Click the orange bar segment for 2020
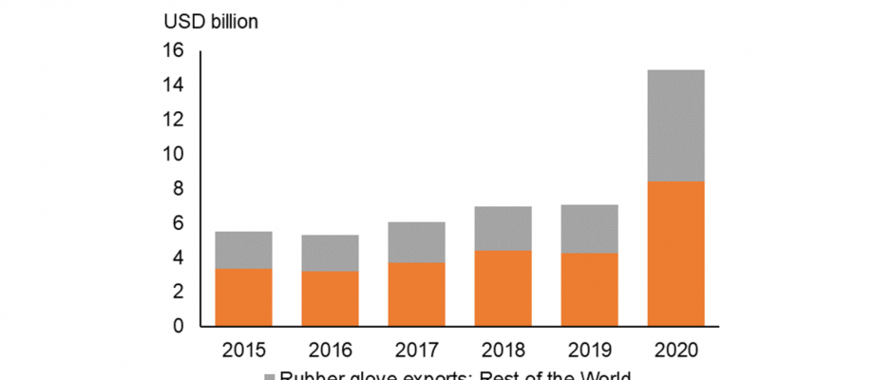point(675,254)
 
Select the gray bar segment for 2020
point(675,125)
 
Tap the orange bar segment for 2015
point(243,297)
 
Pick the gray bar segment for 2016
point(330,253)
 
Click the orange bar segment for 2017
point(416,294)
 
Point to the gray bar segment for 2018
point(503,228)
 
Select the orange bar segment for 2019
point(589,290)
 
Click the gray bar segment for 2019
point(589,229)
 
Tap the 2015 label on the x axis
point(243,350)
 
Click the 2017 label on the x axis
point(416,350)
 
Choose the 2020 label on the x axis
point(675,350)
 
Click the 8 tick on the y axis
point(179,189)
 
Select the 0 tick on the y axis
point(179,327)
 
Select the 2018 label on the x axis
point(503,350)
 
